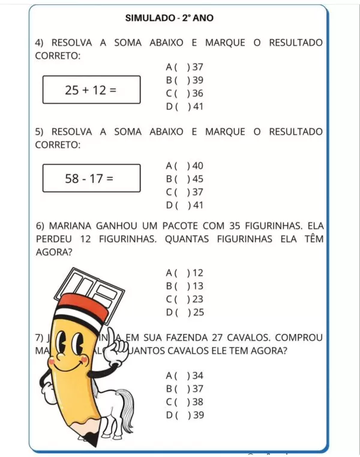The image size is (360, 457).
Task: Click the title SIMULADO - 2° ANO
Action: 169,18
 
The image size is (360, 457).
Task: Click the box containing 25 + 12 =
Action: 91,90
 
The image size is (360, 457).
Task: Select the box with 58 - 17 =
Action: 91,178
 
